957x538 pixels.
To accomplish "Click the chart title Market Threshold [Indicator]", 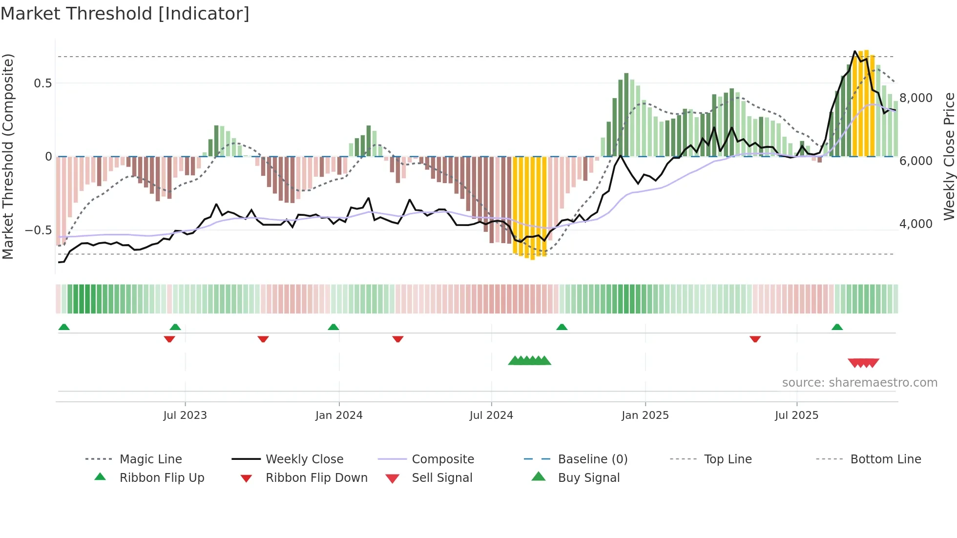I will click(x=125, y=14).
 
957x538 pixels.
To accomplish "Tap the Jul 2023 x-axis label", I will click(x=185, y=415).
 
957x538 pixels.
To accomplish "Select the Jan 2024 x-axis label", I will click(x=339, y=415).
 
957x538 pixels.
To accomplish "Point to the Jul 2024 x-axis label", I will click(x=491, y=415).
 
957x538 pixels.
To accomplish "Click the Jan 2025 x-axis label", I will click(x=645, y=415).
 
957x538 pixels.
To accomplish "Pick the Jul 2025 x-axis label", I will click(x=796, y=415).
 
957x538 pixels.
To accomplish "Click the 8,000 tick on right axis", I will click(x=915, y=98).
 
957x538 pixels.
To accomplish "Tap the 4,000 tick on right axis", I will click(x=915, y=224).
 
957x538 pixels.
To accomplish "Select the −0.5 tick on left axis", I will click(x=39, y=230).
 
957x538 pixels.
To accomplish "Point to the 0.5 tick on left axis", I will click(x=43, y=83).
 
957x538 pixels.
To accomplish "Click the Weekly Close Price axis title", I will click(x=949, y=156).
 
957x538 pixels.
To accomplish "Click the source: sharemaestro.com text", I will click(x=859, y=383).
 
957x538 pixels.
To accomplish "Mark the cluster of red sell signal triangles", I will click(x=863, y=363).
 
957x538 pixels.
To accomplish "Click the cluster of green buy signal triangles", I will click(x=530, y=361).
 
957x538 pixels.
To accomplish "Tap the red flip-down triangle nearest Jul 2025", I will click(x=755, y=339).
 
